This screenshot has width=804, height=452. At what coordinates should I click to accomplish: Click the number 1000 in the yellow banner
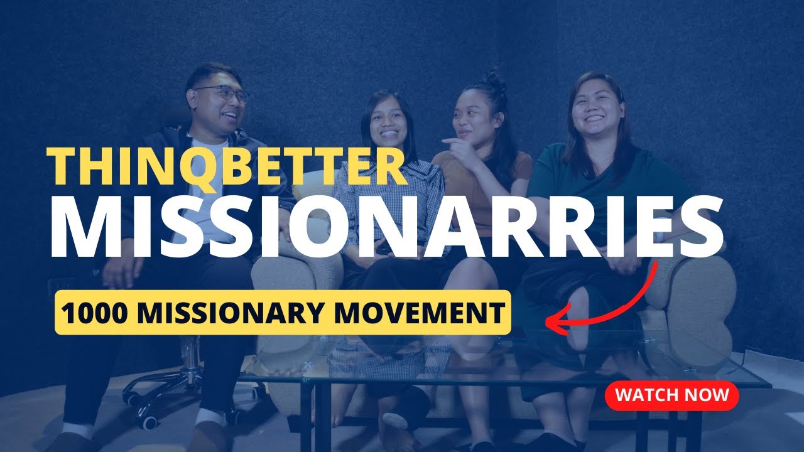point(88,312)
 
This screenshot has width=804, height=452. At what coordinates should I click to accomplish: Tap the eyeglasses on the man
point(222,94)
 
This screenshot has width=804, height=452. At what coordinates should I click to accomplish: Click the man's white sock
point(209,417)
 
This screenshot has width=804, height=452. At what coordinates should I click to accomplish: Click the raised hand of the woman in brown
point(462,151)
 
